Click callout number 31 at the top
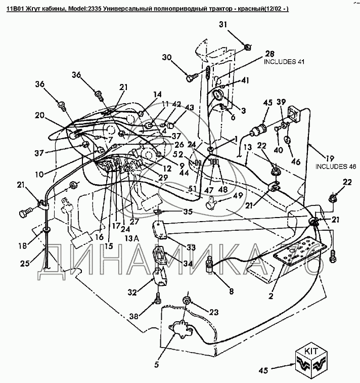pyautogui.click(x=223, y=24)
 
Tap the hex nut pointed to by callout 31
pyautogui.click(x=248, y=47)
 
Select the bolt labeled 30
pyautogui.click(x=191, y=78)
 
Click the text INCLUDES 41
pyautogui.click(x=284, y=62)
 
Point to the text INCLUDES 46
pyautogui.click(x=336, y=166)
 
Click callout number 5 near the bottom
pyautogui.click(x=156, y=365)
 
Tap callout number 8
pyautogui.click(x=231, y=291)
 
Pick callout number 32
pyautogui.click(x=132, y=292)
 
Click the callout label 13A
pyautogui.click(x=130, y=238)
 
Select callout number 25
pyautogui.click(x=25, y=263)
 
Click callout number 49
pyautogui.click(x=238, y=195)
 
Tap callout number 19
pyautogui.click(x=330, y=158)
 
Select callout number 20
pyautogui.click(x=39, y=115)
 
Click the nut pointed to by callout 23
pyautogui.click(x=186, y=300)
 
